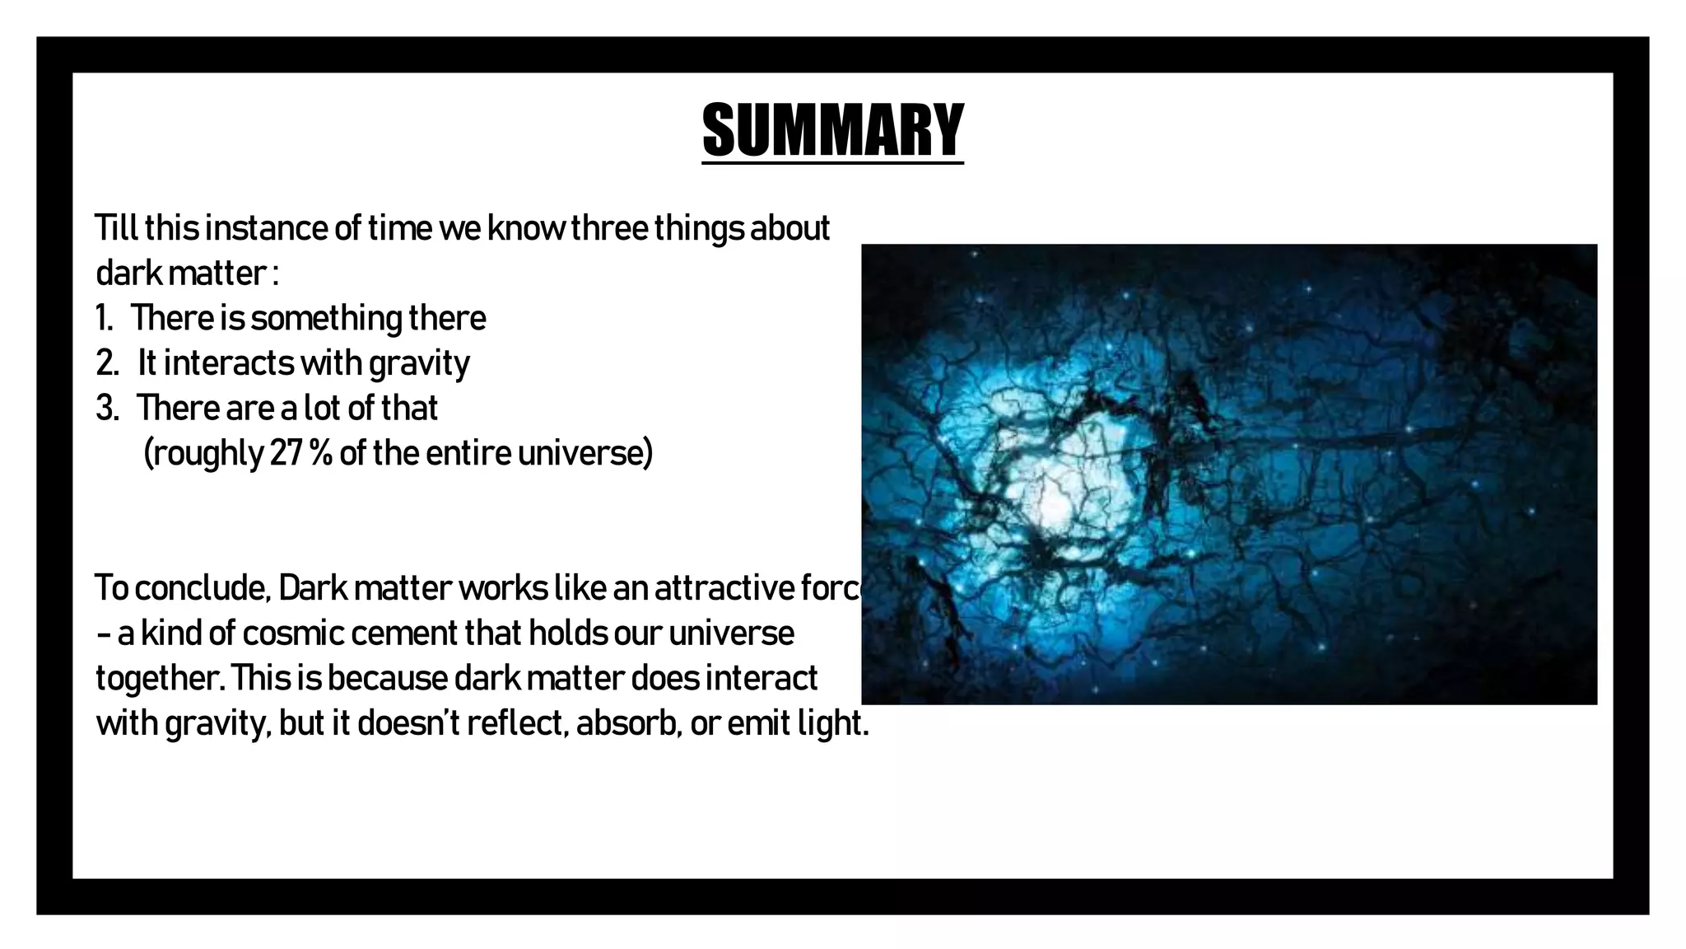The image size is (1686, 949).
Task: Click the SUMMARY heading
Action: point(832,130)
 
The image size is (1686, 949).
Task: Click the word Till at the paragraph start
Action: point(117,228)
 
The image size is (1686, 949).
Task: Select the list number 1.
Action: point(104,319)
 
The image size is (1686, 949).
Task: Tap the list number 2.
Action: point(106,363)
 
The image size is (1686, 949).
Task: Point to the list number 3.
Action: point(106,409)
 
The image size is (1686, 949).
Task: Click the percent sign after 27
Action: point(321,453)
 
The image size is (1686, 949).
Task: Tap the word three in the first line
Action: point(610,228)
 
